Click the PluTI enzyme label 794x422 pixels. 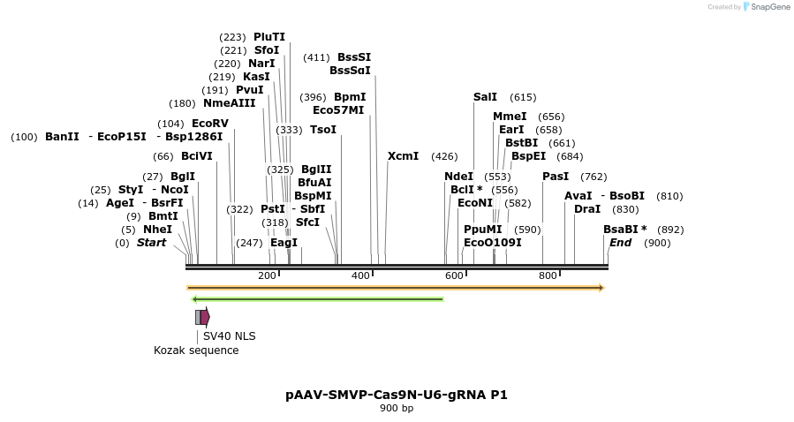pyautogui.click(x=268, y=37)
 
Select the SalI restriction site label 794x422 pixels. pyautogui.click(x=485, y=97)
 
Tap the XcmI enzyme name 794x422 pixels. pyautogui.click(x=403, y=156)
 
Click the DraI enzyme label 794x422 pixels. pyautogui.click(x=587, y=209)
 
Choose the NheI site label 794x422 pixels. pyautogui.click(x=157, y=230)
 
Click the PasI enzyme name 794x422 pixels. pyautogui.click(x=556, y=177)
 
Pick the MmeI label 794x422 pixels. pyautogui.click(x=510, y=117)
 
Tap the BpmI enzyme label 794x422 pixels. pyautogui.click(x=350, y=97)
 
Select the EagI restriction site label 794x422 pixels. pyautogui.click(x=284, y=243)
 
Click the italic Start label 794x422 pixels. pyautogui.click(x=151, y=243)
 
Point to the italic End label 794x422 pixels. pyautogui.click(x=620, y=243)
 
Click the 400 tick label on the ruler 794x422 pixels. pyautogui.click(x=360, y=276)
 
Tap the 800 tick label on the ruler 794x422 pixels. pyautogui.click(x=548, y=276)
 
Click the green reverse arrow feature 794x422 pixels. pyautogui.click(x=318, y=299)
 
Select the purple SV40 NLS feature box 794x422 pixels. pyautogui.click(x=205, y=317)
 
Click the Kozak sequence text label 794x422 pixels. pyautogui.click(x=196, y=350)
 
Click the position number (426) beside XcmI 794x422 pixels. pyautogui.click(x=444, y=156)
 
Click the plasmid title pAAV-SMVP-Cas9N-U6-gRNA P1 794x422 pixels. pyautogui.click(x=397, y=395)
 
